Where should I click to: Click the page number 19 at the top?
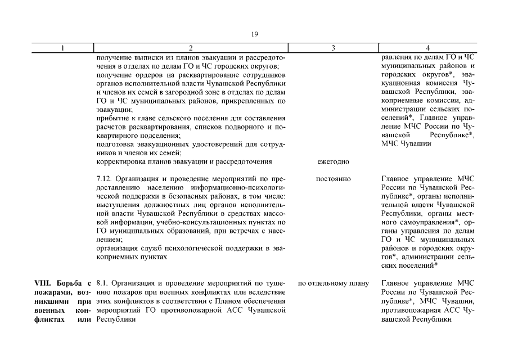254,34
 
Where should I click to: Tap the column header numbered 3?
333,48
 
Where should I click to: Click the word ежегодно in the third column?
333,161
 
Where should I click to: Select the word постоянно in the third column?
333,179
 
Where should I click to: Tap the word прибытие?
111,118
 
